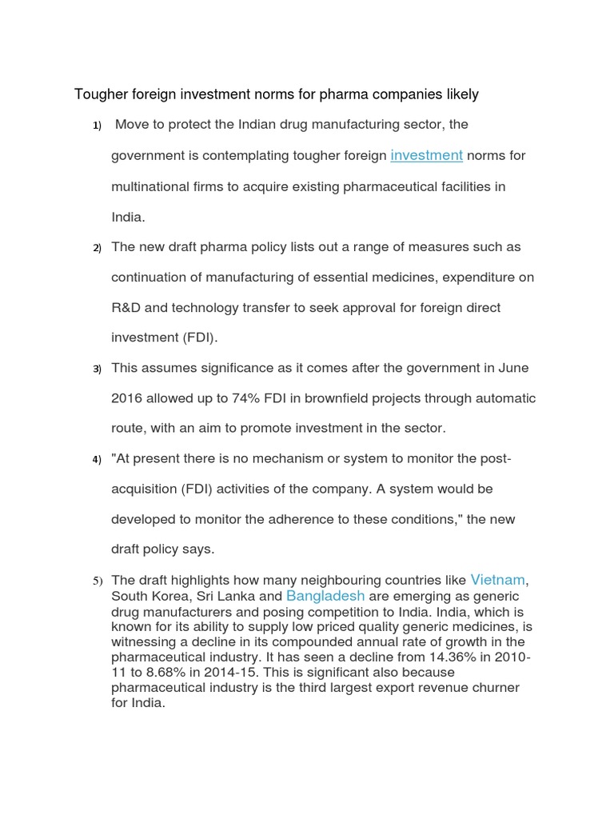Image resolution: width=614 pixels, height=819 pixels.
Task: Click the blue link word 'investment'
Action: point(426,155)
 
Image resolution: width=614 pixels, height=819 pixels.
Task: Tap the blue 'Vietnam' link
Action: point(497,580)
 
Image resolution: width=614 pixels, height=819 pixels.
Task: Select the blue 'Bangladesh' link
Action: point(325,596)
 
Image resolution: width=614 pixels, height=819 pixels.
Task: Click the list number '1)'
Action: point(98,126)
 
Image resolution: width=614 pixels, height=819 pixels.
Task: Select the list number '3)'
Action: point(98,369)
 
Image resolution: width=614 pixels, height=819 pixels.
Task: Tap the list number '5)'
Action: point(98,581)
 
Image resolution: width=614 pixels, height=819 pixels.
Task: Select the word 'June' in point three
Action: point(514,368)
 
